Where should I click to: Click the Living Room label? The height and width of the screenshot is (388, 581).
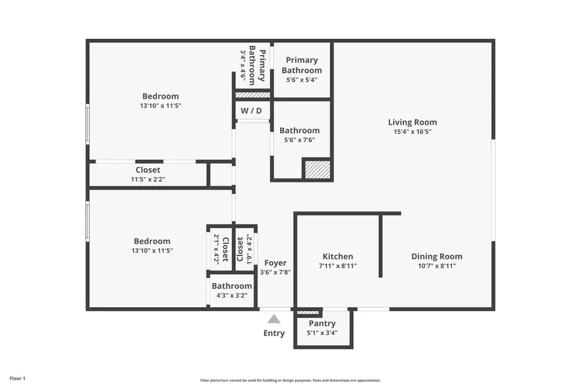pyautogui.click(x=412, y=122)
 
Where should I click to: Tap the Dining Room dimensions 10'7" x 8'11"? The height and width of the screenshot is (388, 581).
pyautogui.click(x=437, y=266)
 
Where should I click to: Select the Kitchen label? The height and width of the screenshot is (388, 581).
pyautogui.click(x=337, y=257)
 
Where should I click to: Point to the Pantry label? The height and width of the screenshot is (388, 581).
pyautogui.click(x=322, y=323)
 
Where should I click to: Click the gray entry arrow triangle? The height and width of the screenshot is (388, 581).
pyautogui.click(x=274, y=319)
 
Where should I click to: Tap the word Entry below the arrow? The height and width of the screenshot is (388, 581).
pyautogui.click(x=274, y=333)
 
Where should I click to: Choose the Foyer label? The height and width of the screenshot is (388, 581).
pyautogui.click(x=276, y=263)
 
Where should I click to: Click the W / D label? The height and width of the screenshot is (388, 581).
pyautogui.click(x=252, y=111)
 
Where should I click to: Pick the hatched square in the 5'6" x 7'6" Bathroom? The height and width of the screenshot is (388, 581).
pyautogui.click(x=317, y=169)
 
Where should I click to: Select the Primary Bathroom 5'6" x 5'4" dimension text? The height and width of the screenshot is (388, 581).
pyautogui.click(x=301, y=80)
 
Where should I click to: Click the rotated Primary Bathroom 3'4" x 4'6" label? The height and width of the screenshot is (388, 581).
pyautogui.click(x=253, y=65)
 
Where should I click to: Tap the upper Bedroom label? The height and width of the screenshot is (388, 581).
pyautogui.click(x=161, y=96)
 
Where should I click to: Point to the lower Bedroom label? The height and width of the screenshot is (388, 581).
pyautogui.click(x=152, y=241)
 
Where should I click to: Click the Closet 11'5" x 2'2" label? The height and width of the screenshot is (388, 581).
pyautogui.click(x=148, y=170)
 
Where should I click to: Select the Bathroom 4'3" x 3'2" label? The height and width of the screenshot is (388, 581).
pyautogui.click(x=232, y=286)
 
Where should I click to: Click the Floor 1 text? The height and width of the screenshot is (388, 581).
pyautogui.click(x=17, y=378)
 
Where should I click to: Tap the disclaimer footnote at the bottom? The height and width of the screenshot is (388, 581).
pyautogui.click(x=290, y=380)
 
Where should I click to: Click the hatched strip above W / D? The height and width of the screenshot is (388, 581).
pyautogui.click(x=252, y=95)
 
